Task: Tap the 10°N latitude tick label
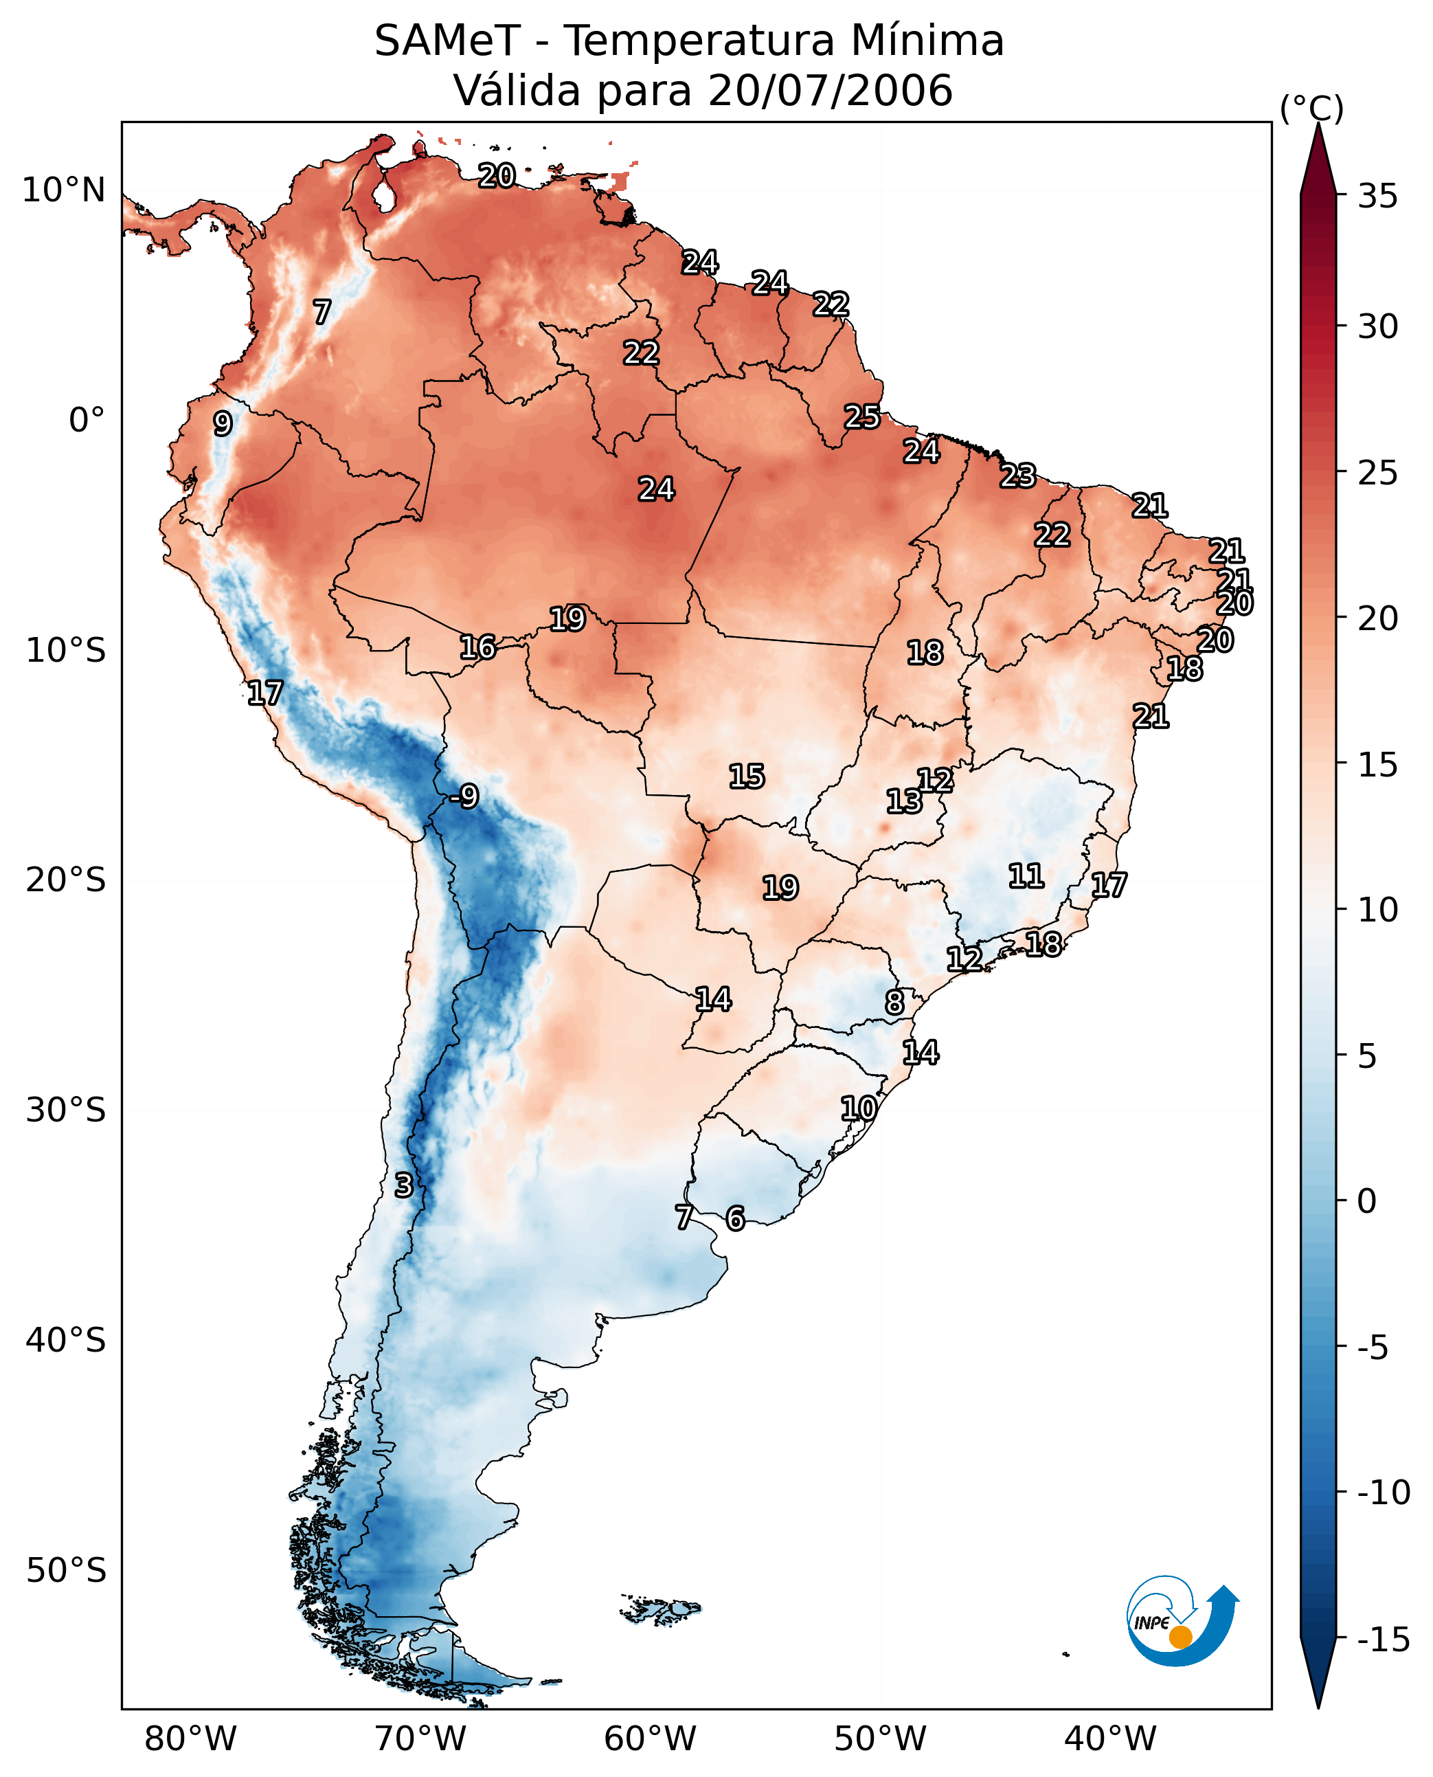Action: (64, 191)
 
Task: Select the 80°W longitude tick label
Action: (191, 1739)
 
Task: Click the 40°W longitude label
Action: (1110, 1739)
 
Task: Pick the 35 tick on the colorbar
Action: (1377, 197)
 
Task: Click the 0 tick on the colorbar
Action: (1367, 1201)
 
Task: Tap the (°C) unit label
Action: (1311, 108)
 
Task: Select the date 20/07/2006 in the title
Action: (831, 91)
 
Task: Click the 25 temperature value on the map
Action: (861, 417)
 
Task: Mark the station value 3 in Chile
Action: (403, 1185)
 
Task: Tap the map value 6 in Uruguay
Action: (734, 1218)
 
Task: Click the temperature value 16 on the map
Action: (477, 647)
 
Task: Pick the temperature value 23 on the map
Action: (1018, 476)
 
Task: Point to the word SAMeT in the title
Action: (447, 41)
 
